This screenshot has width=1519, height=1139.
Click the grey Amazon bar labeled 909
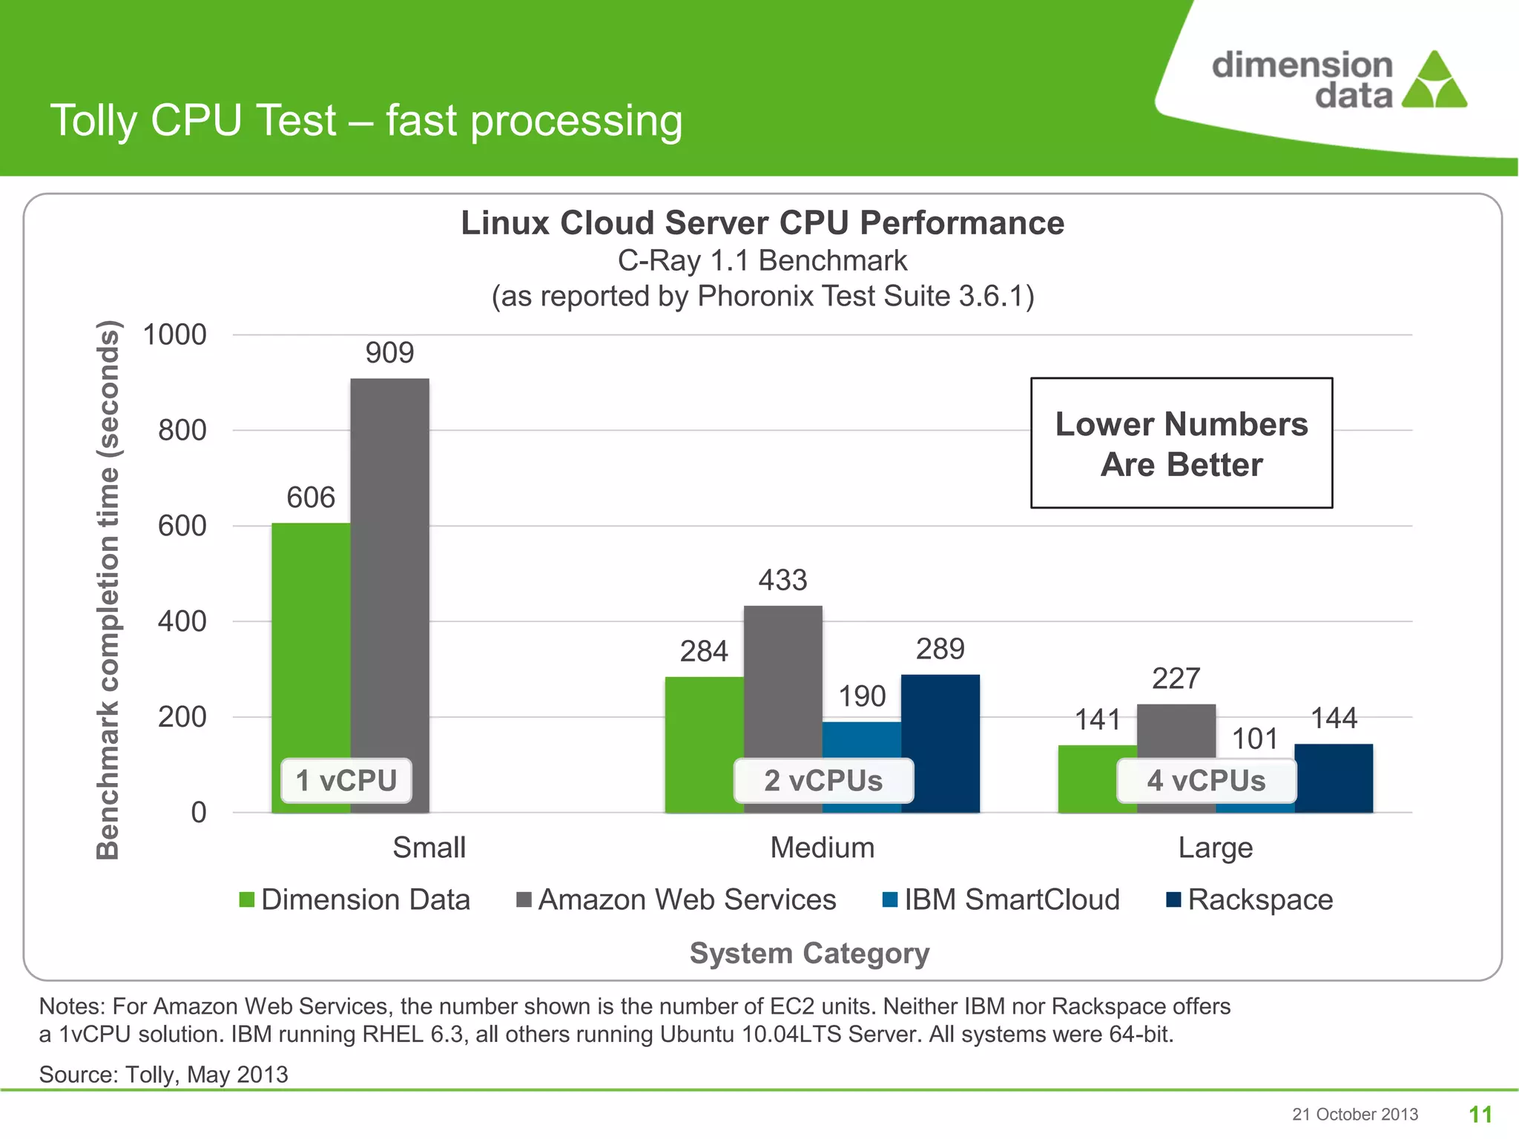(x=389, y=564)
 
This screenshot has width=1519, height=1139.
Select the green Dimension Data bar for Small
(x=311, y=638)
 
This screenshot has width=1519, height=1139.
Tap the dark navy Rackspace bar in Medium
(x=940, y=742)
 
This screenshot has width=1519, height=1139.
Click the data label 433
(x=782, y=580)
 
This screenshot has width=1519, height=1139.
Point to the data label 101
(x=1255, y=739)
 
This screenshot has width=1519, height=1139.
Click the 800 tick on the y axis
(x=182, y=430)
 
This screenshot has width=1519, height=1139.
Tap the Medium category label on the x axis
(x=822, y=848)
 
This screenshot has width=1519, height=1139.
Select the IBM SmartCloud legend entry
(x=1001, y=899)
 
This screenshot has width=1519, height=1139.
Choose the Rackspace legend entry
(x=1250, y=899)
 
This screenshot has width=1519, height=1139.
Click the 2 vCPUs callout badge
(x=823, y=781)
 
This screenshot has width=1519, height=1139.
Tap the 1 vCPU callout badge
(x=346, y=781)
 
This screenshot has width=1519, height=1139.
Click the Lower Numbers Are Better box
(x=1182, y=443)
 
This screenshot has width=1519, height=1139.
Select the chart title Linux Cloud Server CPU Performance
(x=762, y=223)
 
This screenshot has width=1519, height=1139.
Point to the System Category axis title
(x=809, y=953)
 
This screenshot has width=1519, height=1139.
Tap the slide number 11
(x=1480, y=1114)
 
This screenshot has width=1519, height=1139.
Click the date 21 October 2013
(x=1355, y=1115)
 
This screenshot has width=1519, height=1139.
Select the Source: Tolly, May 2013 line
(x=163, y=1074)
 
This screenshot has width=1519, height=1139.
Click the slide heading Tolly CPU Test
(x=366, y=120)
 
